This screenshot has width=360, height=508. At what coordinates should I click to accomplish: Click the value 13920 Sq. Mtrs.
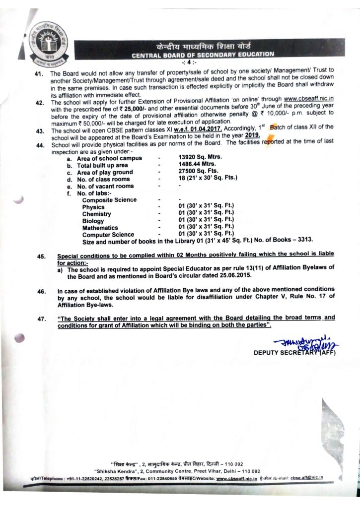click(199, 158)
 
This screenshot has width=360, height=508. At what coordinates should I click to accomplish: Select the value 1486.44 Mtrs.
click(198, 165)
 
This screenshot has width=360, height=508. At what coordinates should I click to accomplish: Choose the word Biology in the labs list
click(93, 221)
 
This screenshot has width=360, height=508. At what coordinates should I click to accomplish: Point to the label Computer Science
click(108, 235)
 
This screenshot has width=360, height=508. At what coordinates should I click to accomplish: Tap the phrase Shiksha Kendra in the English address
click(115, 470)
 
